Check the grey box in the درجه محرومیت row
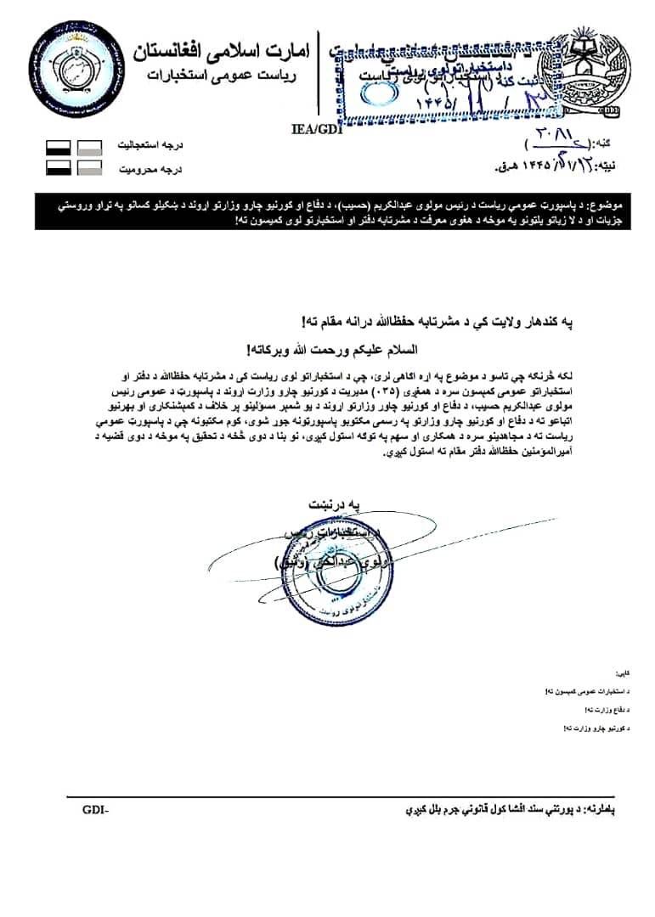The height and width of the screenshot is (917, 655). point(89,169)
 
